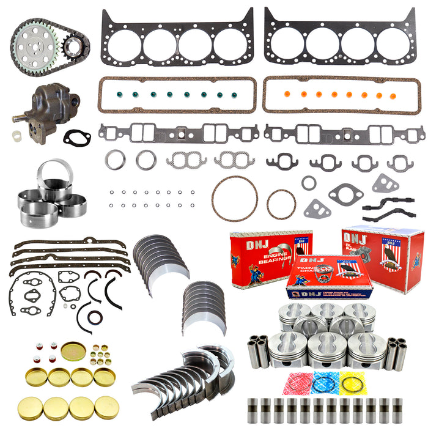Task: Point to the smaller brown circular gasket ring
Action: tap(281, 204)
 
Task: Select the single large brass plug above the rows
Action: tap(73, 351)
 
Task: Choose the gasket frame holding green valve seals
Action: tap(177, 95)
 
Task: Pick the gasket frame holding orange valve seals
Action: tap(342, 95)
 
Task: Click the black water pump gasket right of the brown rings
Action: tap(345, 194)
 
